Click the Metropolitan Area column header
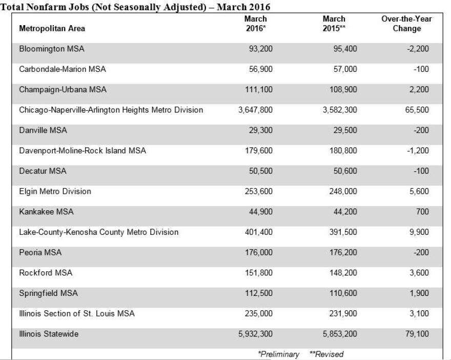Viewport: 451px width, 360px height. (x=52, y=29)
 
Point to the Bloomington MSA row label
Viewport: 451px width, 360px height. (x=51, y=49)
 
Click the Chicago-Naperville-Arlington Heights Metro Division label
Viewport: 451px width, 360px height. (x=111, y=110)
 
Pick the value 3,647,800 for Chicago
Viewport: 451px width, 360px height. (x=255, y=110)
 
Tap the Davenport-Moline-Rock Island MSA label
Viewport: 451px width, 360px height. (x=82, y=151)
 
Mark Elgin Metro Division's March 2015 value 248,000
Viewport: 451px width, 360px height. (x=343, y=191)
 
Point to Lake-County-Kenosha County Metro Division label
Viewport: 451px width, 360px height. (x=98, y=232)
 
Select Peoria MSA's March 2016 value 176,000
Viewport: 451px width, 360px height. (x=258, y=252)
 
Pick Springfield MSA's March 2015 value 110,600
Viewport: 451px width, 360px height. (x=343, y=293)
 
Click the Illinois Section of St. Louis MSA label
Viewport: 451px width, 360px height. (x=77, y=314)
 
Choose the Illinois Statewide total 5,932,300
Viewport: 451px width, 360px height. (x=255, y=334)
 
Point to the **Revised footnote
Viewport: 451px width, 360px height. (x=326, y=354)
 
